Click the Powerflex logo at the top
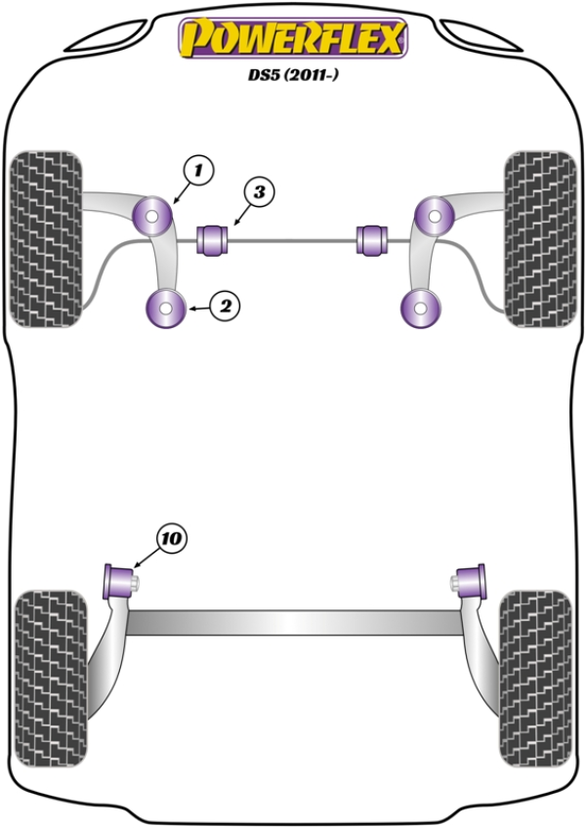[x=293, y=38]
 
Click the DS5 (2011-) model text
[x=293, y=75]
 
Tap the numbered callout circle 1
[x=198, y=171]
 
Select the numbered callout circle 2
[x=225, y=306]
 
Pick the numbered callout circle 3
[x=259, y=192]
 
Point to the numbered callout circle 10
[x=172, y=539]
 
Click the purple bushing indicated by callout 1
[x=151, y=217]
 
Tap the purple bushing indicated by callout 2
[x=165, y=309]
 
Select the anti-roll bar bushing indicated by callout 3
[x=212, y=240]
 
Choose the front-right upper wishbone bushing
[x=435, y=216]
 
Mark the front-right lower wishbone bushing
[x=421, y=309]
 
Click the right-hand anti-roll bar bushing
[x=372, y=240]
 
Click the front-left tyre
[x=46, y=239]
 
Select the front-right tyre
[x=540, y=239]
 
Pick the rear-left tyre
[x=50, y=679]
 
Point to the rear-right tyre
[x=536, y=679]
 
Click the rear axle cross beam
[x=294, y=623]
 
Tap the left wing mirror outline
[x=106, y=36]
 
